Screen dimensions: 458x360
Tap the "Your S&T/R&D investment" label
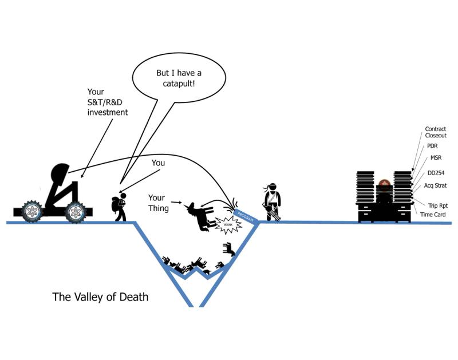pos(107,101)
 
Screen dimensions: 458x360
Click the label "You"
pos(158,163)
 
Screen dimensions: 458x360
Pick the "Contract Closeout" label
pos(435,132)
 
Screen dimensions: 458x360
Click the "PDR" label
pos(431,147)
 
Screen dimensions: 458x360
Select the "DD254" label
pos(436,172)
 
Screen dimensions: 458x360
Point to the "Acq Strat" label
pos(437,185)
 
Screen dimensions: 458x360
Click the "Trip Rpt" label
pos(437,204)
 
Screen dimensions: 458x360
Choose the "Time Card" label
pos(433,214)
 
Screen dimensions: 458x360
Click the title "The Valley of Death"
pos(100,297)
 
